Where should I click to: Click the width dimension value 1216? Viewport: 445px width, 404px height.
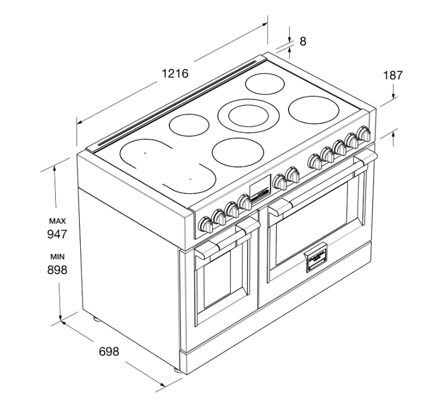point(175,73)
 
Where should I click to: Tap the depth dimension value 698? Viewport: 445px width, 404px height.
point(109,352)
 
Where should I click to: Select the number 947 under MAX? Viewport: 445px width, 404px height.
point(57,234)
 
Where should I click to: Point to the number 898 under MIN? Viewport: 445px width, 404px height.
point(57,270)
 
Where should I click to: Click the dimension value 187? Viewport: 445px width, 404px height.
point(393,76)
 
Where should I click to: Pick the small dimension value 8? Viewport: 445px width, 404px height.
point(303,41)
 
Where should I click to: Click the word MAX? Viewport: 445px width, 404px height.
point(58,221)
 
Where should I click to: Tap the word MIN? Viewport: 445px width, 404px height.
point(58,257)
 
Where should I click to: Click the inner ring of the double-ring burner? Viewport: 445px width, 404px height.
point(248,116)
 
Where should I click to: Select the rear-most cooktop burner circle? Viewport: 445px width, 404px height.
point(265,84)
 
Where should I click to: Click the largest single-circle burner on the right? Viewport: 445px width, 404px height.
point(314,110)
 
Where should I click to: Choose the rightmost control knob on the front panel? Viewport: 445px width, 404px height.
point(364,133)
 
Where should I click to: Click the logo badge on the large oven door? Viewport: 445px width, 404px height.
point(316,257)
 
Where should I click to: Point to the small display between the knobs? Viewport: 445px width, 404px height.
point(259,189)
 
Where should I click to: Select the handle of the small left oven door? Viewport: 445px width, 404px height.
point(227,239)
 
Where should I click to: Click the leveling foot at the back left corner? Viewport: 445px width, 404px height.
point(97,320)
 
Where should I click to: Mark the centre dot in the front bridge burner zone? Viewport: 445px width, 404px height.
point(190,179)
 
